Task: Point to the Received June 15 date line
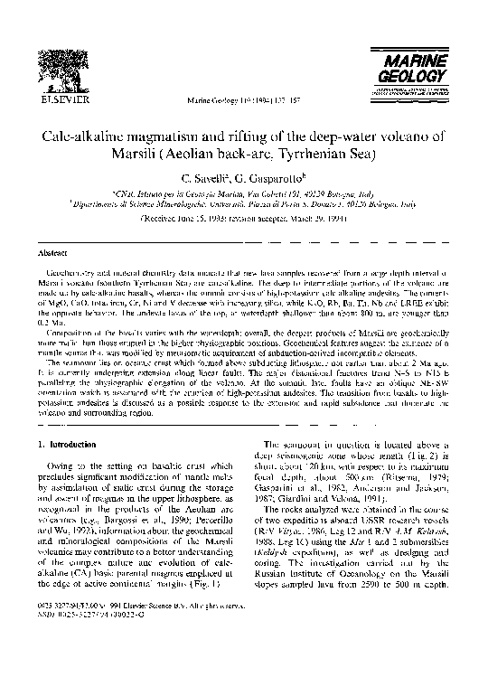click(x=244, y=218)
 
